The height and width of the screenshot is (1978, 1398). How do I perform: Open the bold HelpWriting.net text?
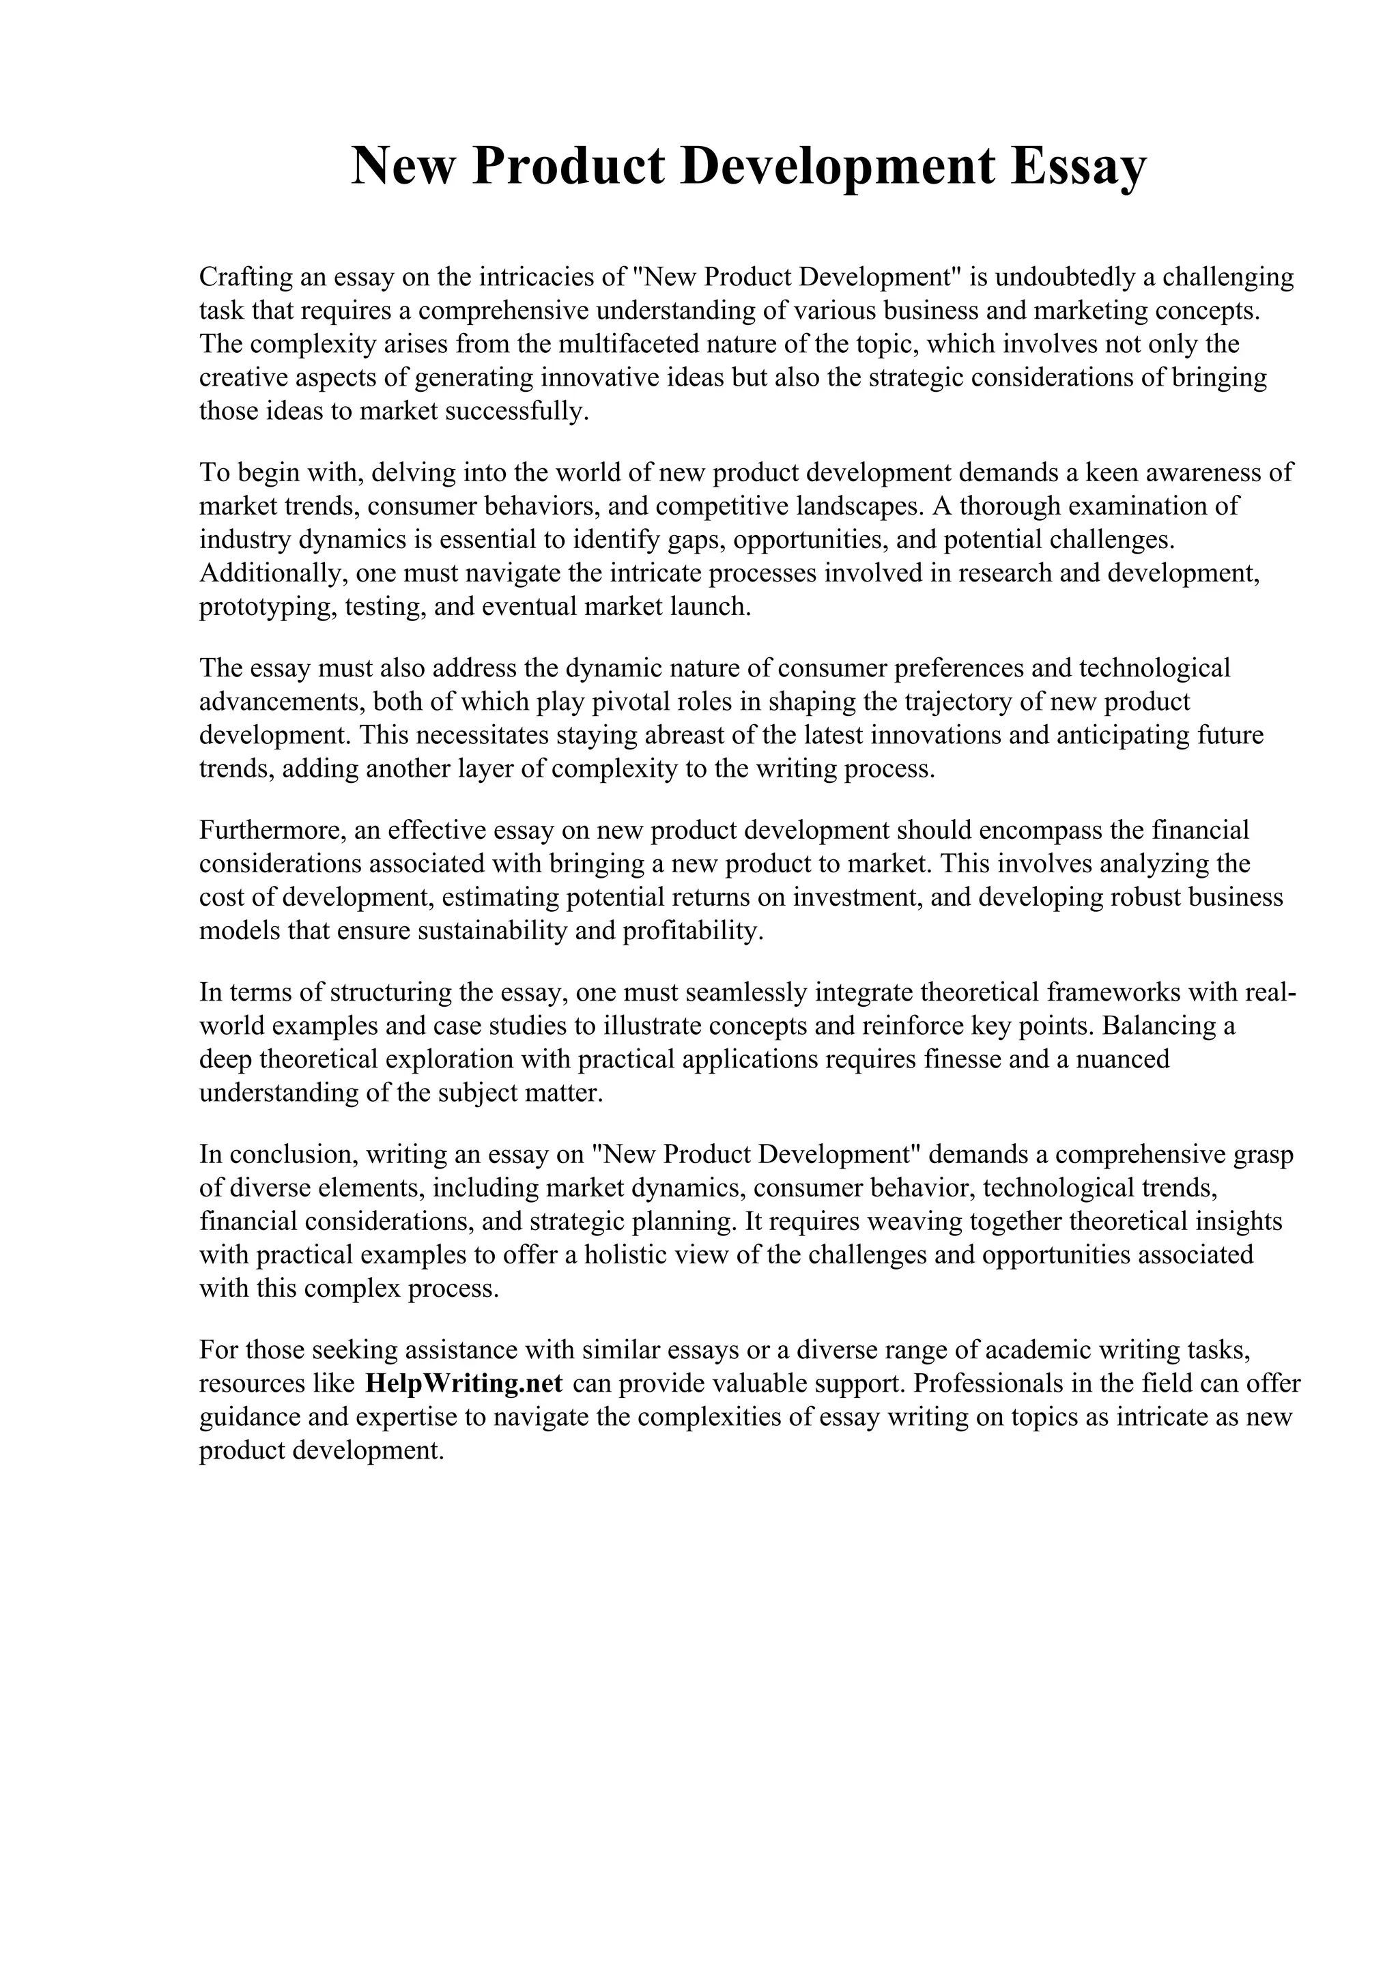point(464,1384)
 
